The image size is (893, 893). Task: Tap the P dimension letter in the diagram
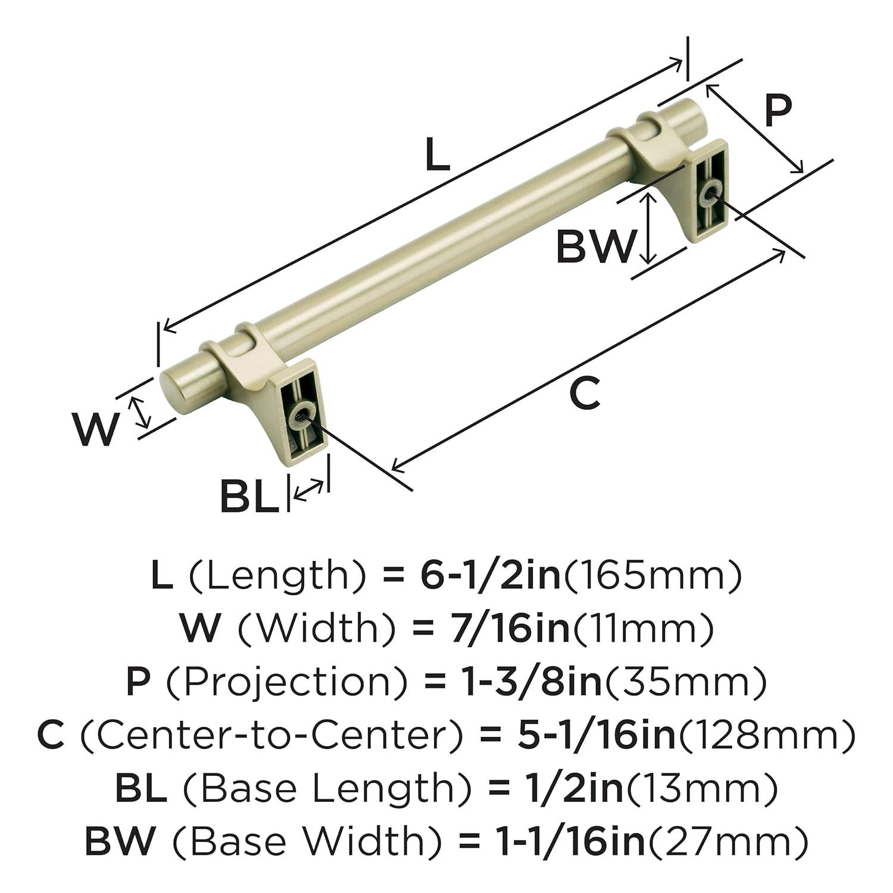[778, 111]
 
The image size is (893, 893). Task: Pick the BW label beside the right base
[593, 246]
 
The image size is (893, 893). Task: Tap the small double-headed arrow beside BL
[310, 491]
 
